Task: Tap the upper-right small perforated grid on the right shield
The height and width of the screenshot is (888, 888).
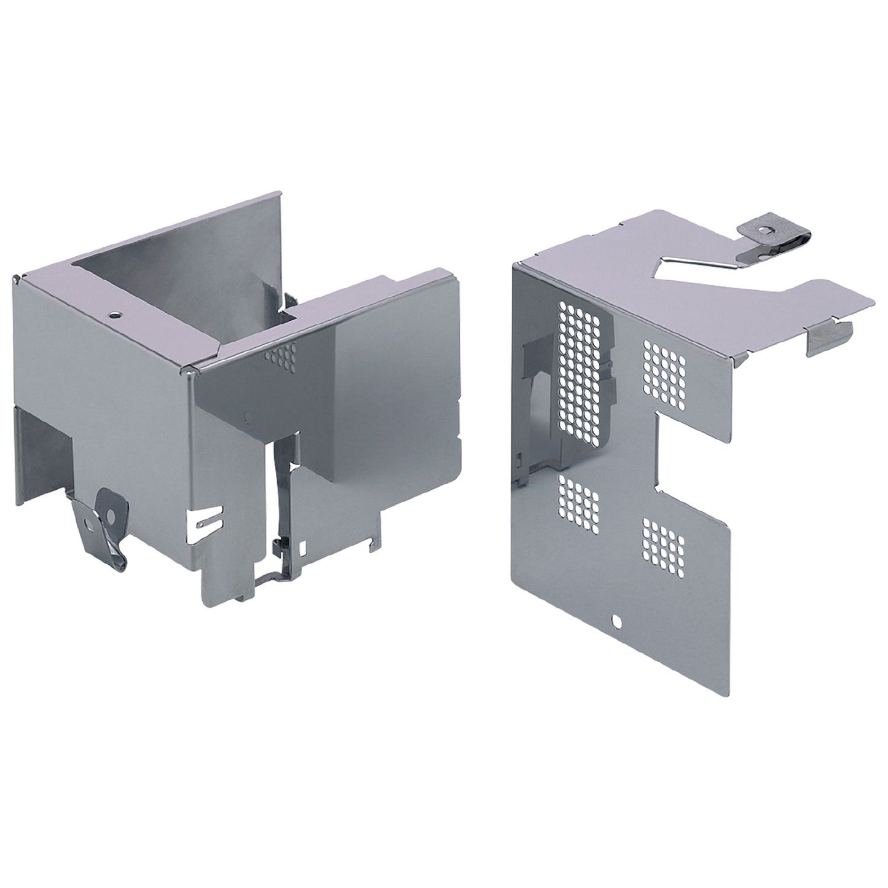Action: pyautogui.click(x=664, y=375)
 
